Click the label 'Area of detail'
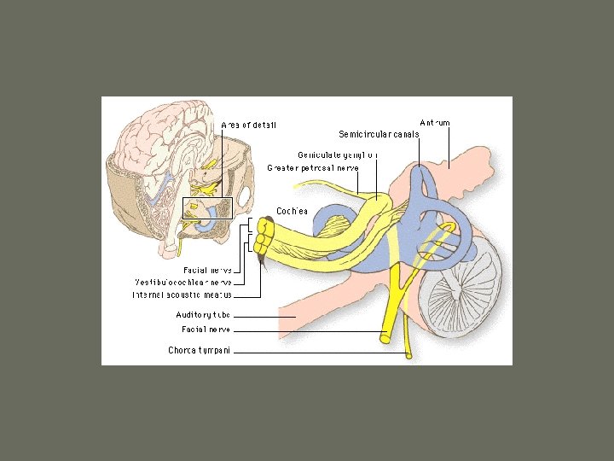248,125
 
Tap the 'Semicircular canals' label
379,134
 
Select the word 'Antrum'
435,123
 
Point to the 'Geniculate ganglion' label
338,155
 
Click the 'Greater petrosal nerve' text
312,167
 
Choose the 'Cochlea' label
292,211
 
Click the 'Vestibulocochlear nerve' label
183,282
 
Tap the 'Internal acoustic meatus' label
182,295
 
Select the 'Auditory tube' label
203,315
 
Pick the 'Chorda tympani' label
199,349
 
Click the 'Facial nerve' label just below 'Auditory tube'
206,329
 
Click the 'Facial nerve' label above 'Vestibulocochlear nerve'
207,269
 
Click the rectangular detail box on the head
207,207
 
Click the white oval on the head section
245,197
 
